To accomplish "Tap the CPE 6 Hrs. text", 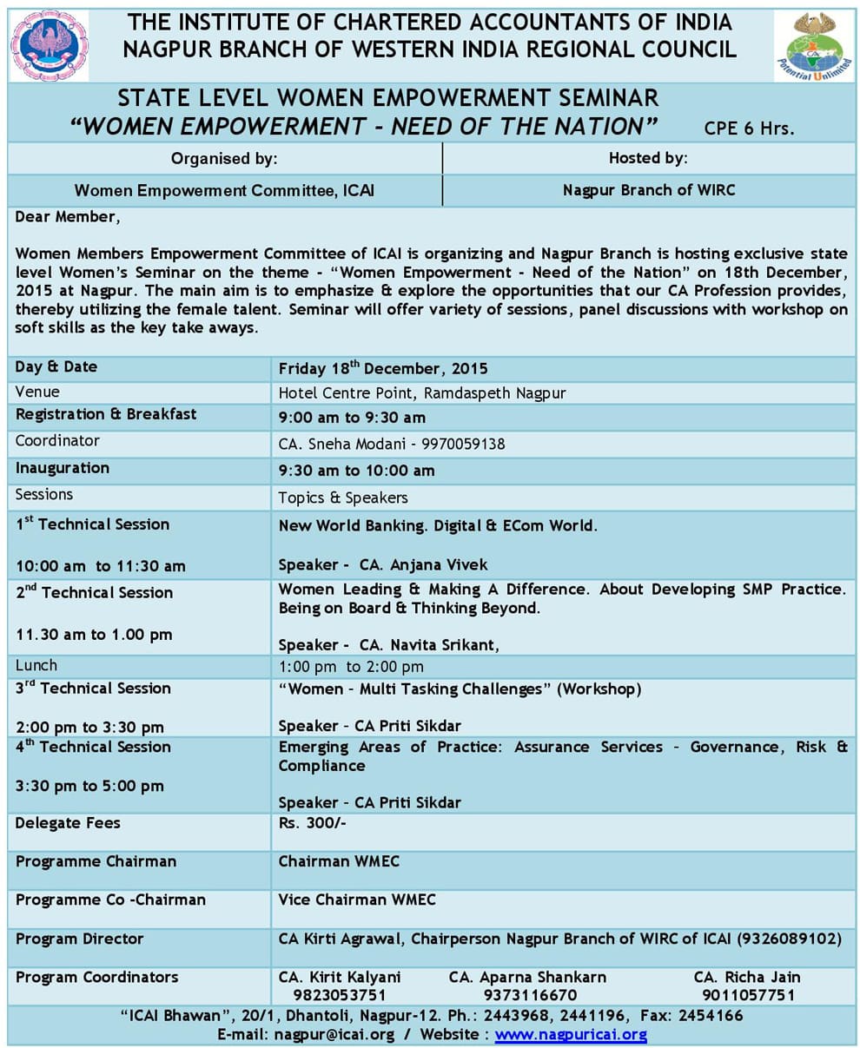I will point(749,129).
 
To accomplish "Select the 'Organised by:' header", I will point(224,158).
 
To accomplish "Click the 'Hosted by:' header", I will point(648,158).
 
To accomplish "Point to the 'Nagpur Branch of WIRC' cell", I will point(648,189).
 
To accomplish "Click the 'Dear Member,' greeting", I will point(67,217).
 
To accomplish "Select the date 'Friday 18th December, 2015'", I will point(383,368).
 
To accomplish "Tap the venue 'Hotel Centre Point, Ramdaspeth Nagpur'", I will point(421,393).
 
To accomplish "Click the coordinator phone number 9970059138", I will point(463,444).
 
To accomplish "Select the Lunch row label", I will point(36,665).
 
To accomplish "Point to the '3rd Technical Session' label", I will point(93,689).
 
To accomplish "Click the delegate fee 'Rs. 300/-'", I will point(313,822).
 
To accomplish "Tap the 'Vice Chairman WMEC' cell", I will point(357,900).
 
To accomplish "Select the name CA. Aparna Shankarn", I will point(527,977).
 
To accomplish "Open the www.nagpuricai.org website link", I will point(571,1034).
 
